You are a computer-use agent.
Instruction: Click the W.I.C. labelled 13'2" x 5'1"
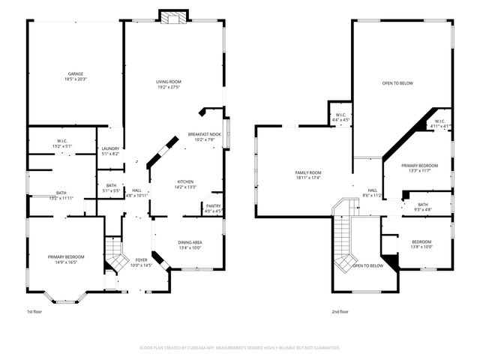click(x=62, y=143)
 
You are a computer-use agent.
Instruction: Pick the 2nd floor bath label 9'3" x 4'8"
click(x=423, y=207)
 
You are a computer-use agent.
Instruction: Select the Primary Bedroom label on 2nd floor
click(x=419, y=167)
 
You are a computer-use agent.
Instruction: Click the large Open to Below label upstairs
click(x=397, y=83)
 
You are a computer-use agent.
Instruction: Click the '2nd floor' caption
click(x=340, y=310)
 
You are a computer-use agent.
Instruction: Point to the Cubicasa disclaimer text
click(x=240, y=348)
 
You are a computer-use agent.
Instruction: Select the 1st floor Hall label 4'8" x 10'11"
click(x=136, y=193)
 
